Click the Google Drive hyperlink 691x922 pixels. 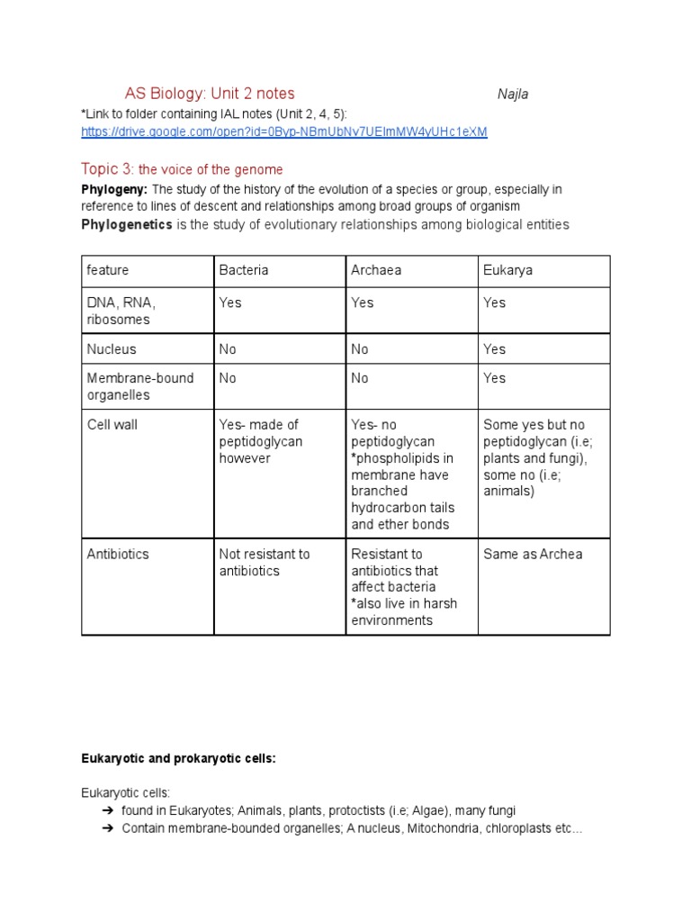pyautogui.click(x=283, y=131)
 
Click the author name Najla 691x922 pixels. pyautogui.click(x=513, y=95)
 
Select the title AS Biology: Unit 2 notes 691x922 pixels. pyautogui.click(x=210, y=94)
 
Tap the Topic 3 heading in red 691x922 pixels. pyautogui.click(x=182, y=169)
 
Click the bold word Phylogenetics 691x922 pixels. pyautogui.click(x=126, y=224)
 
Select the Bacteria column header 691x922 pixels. pyautogui.click(x=244, y=270)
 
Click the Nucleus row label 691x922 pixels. pyautogui.click(x=112, y=349)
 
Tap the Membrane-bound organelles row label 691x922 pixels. pyautogui.click(x=139, y=386)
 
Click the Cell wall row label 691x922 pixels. pyautogui.click(x=112, y=425)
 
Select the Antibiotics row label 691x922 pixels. pyautogui.click(x=117, y=554)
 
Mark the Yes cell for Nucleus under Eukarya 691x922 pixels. pyautogui.click(x=495, y=349)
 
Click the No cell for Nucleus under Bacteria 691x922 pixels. pyautogui.click(x=229, y=349)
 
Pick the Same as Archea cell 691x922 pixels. pyautogui.click(x=533, y=554)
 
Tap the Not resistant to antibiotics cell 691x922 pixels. pyautogui.click(x=265, y=562)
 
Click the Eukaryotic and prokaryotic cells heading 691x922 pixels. pyautogui.click(x=178, y=759)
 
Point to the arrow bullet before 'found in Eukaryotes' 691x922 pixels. pyautogui.click(x=105, y=811)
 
